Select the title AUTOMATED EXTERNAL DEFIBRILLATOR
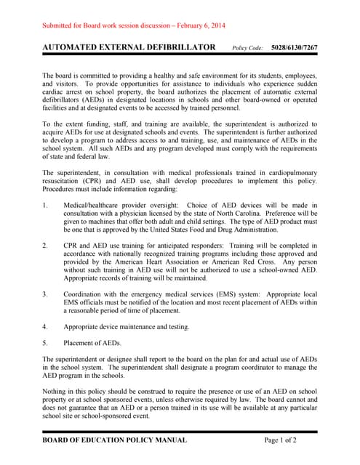click(x=129, y=47)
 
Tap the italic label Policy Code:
click(x=247, y=48)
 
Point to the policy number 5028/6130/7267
click(x=295, y=48)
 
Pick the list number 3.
click(x=45, y=294)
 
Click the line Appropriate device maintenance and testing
click(x=127, y=326)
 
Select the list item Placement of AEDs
click(x=92, y=342)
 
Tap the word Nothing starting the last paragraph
click(x=55, y=392)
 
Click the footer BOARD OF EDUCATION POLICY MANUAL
click(x=114, y=440)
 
